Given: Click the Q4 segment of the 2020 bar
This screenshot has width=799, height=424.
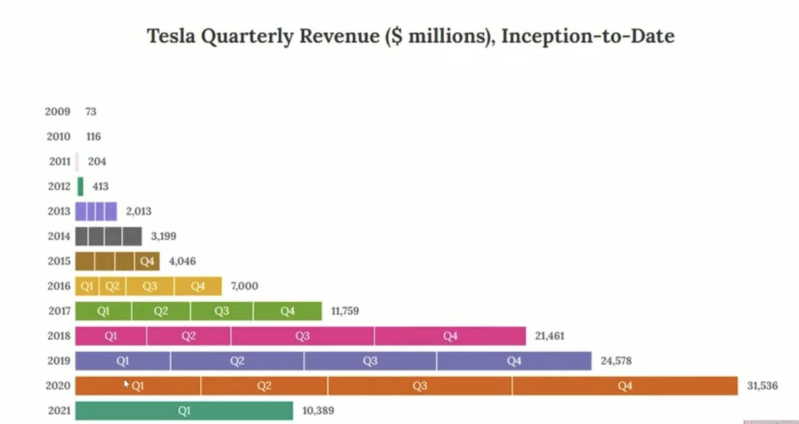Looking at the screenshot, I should pyautogui.click(x=625, y=386).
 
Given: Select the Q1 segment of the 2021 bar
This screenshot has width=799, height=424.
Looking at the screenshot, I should pyautogui.click(x=184, y=410).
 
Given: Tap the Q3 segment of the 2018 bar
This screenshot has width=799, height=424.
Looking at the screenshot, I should pyautogui.click(x=302, y=336).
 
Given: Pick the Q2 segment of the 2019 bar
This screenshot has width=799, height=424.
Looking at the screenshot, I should pyautogui.click(x=237, y=361).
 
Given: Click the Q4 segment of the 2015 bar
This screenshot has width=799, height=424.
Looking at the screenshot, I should pyautogui.click(x=147, y=261).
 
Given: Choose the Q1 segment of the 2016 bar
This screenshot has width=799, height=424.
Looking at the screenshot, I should pyautogui.click(x=87, y=286).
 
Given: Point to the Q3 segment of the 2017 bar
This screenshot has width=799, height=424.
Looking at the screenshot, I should pyautogui.click(x=222, y=311).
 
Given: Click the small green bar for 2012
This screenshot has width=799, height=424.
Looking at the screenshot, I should pyautogui.click(x=80, y=186).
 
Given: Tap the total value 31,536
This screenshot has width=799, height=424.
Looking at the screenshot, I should pyautogui.click(x=762, y=386).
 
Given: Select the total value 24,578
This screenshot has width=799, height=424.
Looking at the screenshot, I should pyautogui.click(x=616, y=361).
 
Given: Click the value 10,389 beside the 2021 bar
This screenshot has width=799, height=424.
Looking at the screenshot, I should pyautogui.click(x=318, y=410).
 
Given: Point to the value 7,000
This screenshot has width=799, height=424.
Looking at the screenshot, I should pyautogui.click(x=244, y=286).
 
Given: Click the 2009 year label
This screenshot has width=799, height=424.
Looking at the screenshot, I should pyautogui.click(x=57, y=111).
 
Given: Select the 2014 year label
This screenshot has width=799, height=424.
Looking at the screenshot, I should pyautogui.click(x=59, y=236).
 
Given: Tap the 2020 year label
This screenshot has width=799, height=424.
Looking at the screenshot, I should pyautogui.click(x=58, y=386).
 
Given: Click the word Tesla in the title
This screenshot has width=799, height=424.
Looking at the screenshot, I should pyautogui.click(x=170, y=36).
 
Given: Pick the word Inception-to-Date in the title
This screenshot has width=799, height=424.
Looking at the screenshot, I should pyautogui.click(x=587, y=36).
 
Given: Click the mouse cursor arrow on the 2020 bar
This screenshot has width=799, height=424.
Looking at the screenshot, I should pyautogui.click(x=126, y=383).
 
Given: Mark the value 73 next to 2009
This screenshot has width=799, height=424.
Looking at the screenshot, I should pyautogui.click(x=91, y=111).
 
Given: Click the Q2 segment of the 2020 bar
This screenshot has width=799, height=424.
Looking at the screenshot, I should pyautogui.click(x=264, y=386).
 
